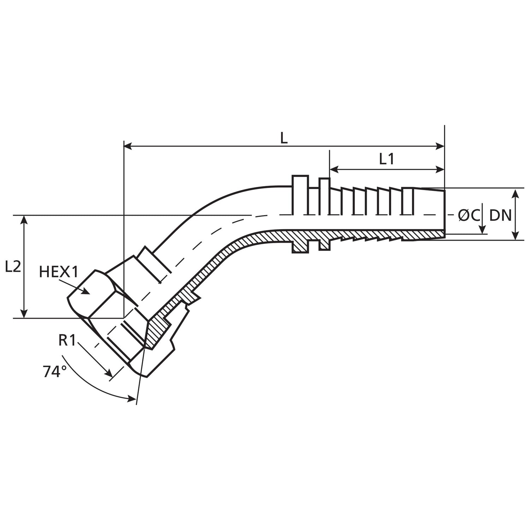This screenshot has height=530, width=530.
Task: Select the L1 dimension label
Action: (387, 160)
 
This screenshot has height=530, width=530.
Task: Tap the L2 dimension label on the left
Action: (13, 266)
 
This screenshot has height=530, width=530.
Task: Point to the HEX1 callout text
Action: (58, 272)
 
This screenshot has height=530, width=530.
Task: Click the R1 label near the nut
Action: (67, 340)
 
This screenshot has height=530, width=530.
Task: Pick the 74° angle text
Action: (55, 372)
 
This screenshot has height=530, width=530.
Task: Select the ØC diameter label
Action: (469, 215)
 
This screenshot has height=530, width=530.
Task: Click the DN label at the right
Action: (500, 215)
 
